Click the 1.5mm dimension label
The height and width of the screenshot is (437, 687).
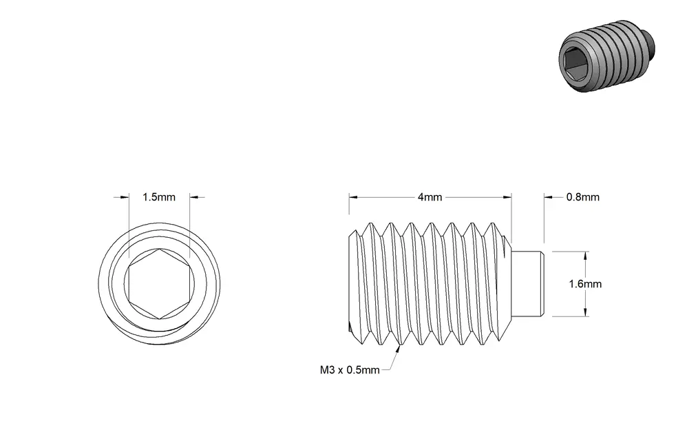158,197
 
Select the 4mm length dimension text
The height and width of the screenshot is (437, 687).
430,197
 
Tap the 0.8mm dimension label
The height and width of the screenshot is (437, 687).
583,197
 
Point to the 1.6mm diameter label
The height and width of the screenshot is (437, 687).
585,284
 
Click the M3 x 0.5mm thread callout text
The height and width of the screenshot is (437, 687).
350,370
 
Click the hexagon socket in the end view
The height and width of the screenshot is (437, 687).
160,284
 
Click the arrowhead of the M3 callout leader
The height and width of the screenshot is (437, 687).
399,348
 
